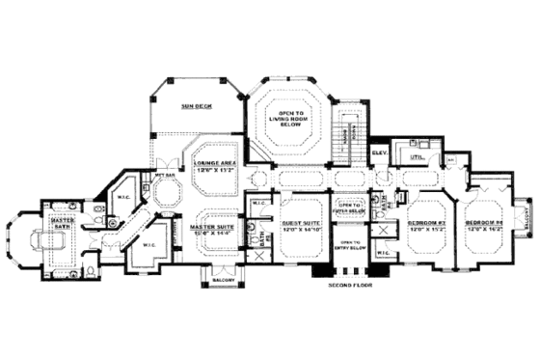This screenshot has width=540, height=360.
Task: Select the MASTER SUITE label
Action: click(213, 225)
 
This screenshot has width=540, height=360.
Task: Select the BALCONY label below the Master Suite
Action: click(217, 283)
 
